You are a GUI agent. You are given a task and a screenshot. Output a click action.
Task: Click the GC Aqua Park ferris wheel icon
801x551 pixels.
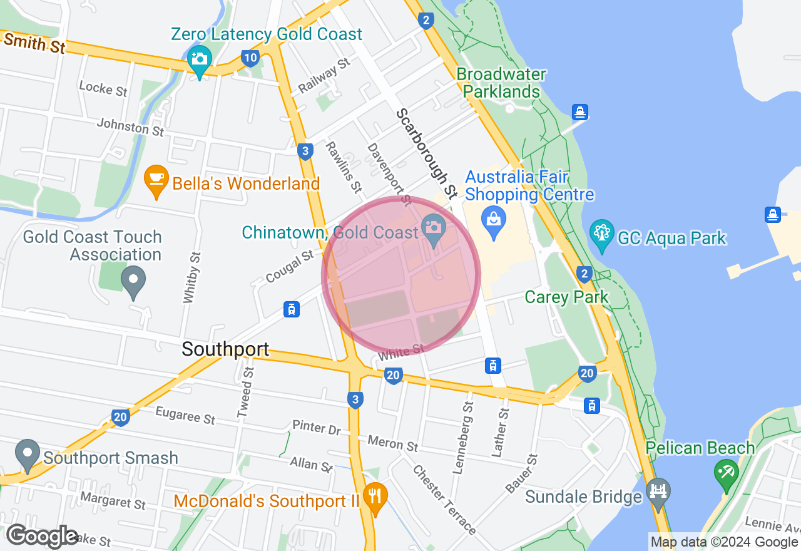pos(601,234)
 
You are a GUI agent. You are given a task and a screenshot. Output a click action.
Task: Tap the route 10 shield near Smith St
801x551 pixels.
pos(250,59)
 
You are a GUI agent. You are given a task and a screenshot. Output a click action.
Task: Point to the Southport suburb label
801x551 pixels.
pos(225,349)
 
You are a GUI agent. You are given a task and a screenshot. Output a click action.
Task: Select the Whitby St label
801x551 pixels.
pos(191,277)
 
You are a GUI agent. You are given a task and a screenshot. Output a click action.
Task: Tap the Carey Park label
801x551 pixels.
pos(566,297)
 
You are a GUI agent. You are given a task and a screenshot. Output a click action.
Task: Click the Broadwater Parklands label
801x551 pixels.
pos(501,83)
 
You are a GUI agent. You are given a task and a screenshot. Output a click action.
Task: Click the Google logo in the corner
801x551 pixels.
pos(42,536)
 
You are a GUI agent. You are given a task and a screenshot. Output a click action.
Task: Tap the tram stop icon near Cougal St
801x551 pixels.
pos(291,309)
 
